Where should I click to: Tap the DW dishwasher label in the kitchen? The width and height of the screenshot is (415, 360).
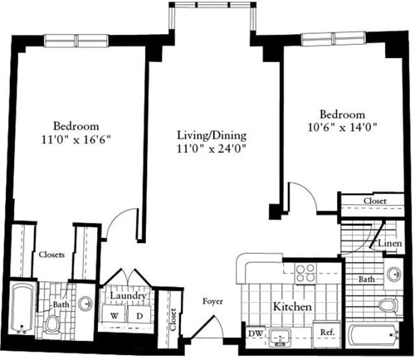256,333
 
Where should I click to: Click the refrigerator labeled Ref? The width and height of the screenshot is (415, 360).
328,333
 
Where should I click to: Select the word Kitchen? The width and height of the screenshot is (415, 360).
293,307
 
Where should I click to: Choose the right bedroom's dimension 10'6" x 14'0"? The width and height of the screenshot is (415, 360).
341,129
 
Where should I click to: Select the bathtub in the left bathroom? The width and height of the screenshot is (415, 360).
20,310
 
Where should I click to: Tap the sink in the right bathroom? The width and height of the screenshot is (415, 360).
393,275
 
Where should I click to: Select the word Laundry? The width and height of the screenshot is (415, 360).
127,296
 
